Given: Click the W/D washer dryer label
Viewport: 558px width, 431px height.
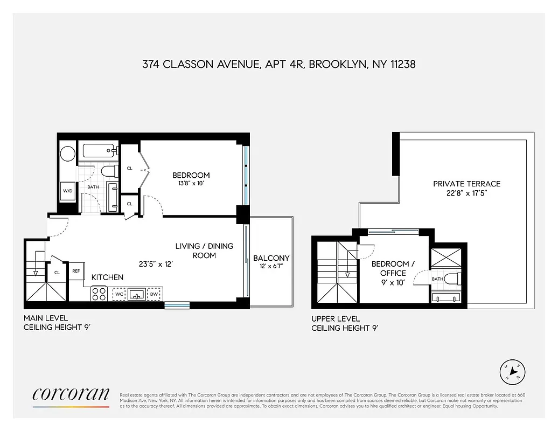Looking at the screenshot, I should pyautogui.click(x=68, y=191).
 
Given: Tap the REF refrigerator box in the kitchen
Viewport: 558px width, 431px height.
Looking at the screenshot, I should pyautogui.click(x=76, y=271).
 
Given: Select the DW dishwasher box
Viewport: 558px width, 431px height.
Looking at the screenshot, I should pyautogui.click(x=155, y=294).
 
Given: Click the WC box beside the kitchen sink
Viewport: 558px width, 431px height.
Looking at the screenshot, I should pyautogui.click(x=118, y=294).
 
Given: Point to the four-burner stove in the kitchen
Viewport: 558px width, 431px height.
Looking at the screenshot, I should pyautogui.click(x=99, y=294).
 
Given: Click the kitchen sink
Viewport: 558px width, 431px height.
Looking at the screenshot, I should pyautogui.click(x=136, y=294).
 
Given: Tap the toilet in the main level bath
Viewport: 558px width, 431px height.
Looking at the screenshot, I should pyautogui.click(x=109, y=171).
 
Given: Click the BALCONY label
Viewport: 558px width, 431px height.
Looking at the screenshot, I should pyautogui.click(x=271, y=258).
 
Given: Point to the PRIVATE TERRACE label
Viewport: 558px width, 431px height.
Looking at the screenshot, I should pyautogui.click(x=466, y=184).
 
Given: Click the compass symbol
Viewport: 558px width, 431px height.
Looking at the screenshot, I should pyautogui.click(x=512, y=371).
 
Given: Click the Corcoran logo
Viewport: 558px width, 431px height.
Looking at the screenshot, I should pyautogui.click(x=71, y=394).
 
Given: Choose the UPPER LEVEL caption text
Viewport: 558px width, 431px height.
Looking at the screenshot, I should pyautogui.click(x=336, y=318).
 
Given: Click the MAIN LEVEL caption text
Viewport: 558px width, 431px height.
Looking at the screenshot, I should pyautogui.click(x=46, y=318).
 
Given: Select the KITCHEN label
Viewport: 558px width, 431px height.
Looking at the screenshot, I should pyautogui.click(x=107, y=277).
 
